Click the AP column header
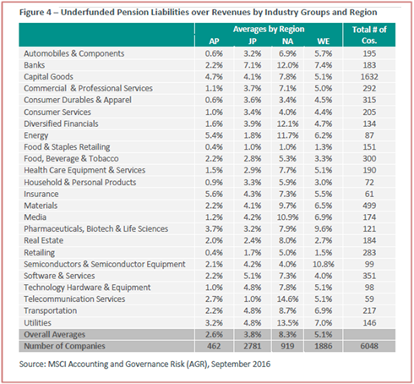point(214,41)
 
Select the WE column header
point(324,41)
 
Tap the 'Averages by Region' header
point(269,30)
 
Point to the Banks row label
point(35,65)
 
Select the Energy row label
point(36,135)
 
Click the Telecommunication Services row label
point(74,299)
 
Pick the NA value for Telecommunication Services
point(287,299)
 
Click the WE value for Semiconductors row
point(324,264)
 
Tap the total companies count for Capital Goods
point(369,77)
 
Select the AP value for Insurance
point(214,194)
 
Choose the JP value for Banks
point(253,65)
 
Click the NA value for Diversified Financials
point(287,123)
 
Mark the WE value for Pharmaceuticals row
point(324,228)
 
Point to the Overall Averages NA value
point(287,335)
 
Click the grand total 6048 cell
point(369,346)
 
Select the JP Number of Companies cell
point(253,346)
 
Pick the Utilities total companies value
point(369,323)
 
